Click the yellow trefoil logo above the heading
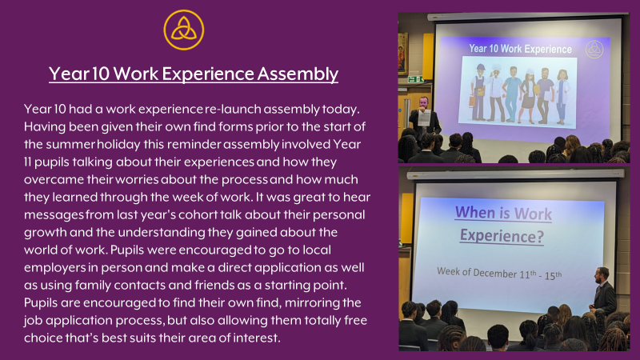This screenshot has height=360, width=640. pyautogui.click(x=184, y=30)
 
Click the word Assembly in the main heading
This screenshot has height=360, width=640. pyautogui.click(x=298, y=74)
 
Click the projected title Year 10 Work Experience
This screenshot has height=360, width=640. pyautogui.click(x=520, y=49)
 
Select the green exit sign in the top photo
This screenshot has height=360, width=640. pyautogui.click(x=415, y=79)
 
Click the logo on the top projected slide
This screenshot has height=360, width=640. pyautogui.click(x=594, y=50)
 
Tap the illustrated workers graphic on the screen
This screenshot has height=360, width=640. pyautogui.click(x=518, y=93)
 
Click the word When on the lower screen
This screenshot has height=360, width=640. pyautogui.click(x=475, y=212)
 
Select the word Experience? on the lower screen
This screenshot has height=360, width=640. pyautogui.click(x=502, y=235)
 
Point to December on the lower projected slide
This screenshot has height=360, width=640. pyautogui.click(x=495, y=273)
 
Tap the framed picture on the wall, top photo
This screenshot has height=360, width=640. pyautogui.click(x=402, y=54)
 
